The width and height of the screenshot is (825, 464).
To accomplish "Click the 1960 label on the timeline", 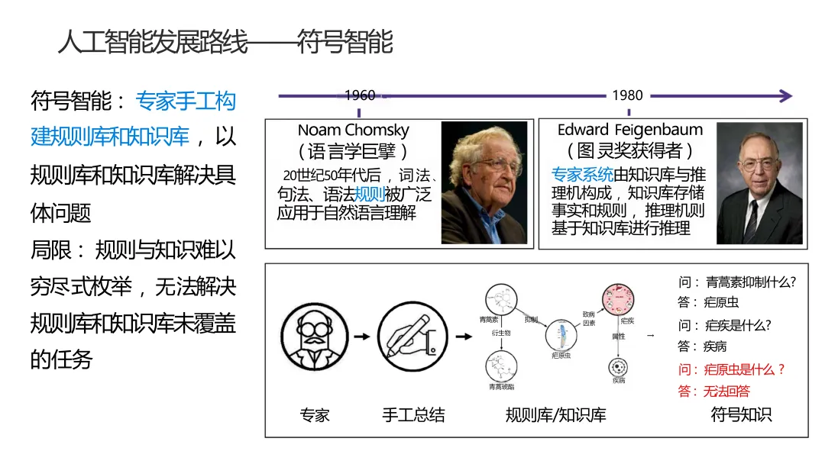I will [x=360, y=95].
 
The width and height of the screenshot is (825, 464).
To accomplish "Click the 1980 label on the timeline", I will [x=627, y=95].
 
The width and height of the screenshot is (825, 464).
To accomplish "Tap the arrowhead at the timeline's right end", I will [x=785, y=95].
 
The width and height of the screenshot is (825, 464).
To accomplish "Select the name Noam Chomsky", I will [x=353, y=130].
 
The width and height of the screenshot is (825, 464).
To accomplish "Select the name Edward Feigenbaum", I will [x=629, y=130].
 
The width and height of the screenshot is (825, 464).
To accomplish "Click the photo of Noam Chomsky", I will [x=484, y=183].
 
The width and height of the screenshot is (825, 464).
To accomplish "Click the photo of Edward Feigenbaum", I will [x=759, y=183].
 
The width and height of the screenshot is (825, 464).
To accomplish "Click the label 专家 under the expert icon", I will [x=315, y=415].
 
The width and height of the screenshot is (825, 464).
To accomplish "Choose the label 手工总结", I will [x=413, y=415].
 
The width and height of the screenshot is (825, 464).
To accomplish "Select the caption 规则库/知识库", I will [x=555, y=415].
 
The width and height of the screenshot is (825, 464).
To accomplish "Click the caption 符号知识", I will [x=741, y=414].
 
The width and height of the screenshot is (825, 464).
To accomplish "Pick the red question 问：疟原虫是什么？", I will [x=731, y=369].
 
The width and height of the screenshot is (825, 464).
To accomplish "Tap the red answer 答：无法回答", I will [x=713, y=391].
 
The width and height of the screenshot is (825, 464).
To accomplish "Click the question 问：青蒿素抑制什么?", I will [x=736, y=282].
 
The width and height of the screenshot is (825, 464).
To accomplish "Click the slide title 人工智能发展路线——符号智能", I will [x=225, y=42].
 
